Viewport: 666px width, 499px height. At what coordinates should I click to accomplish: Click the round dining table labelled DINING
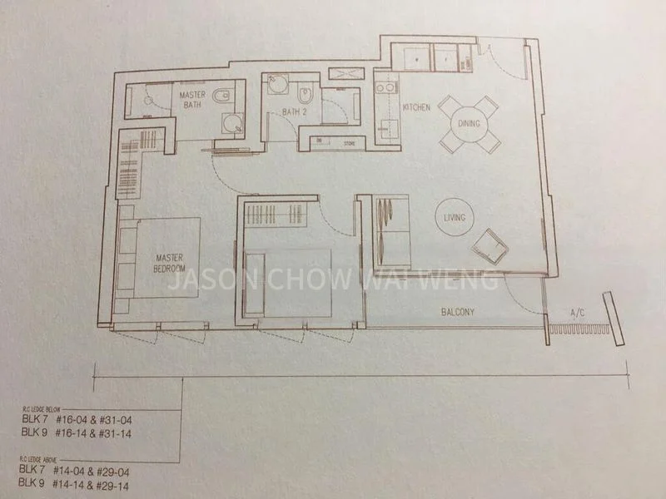pyautogui.click(x=468, y=124)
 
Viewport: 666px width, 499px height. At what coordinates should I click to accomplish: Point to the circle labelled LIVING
pyautogui.click(x=455, y=218)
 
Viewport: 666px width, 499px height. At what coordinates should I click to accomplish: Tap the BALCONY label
pyautogui.click(x=458, y=313)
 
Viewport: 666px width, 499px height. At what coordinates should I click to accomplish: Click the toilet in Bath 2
pyautogui.click(x=306, y=94)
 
